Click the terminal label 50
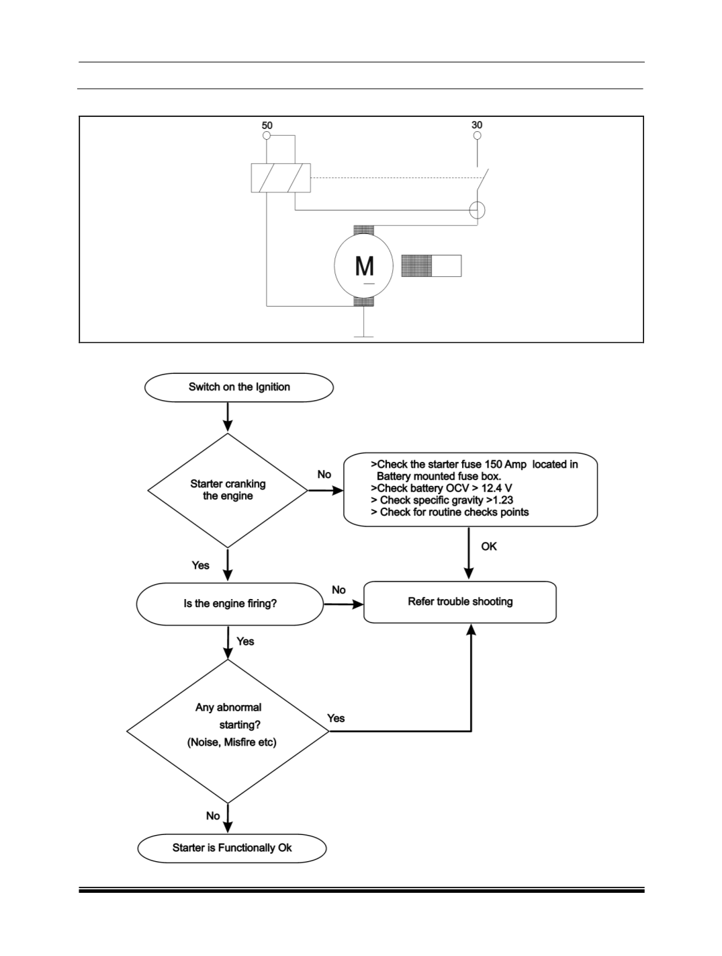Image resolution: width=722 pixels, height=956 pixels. pyautogui.click(x=267, y=126)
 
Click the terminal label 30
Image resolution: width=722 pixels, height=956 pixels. pyautogui.click(x=477, y=125)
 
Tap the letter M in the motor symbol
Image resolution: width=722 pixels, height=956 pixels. pyautogui.click(x=364, y=266)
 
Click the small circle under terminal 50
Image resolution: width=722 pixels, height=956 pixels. pyautogui.click(x=267, y=135)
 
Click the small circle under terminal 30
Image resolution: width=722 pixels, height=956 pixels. pyautogui.click(x=477, y=135)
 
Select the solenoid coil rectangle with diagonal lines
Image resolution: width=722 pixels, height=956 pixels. pyautogui.click(x=281, y=177)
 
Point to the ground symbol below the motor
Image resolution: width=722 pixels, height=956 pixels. pyautogui.click(x=363, y=336)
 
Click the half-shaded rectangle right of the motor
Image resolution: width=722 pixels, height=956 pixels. pyautogui.click(x=431, y=266)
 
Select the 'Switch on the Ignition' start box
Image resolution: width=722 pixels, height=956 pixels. pyautogui.click(x=239, y=387)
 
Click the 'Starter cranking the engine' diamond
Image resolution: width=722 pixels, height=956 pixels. pyautogui.click(x=228, y=490)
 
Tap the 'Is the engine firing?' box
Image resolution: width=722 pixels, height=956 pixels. pyautogui.click(x=230, y=604)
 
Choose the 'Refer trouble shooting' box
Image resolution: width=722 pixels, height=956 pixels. pyautogui.click(x=460, y=602)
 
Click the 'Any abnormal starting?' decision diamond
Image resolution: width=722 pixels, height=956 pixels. pyautogui.click(x=228, y=731)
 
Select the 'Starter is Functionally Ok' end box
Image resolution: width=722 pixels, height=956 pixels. pyautogui.click(x=232, y=848)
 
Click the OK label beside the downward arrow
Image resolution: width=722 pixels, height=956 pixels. pyautogui.click(x=489, y=547)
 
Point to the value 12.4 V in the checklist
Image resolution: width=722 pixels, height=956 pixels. pyautogui.click(x=497, y=488)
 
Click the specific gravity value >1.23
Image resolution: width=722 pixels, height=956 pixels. pyautogui.click(x=499, y=500)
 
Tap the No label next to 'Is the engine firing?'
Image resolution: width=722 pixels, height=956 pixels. pyautogui.click(x=339, y=590)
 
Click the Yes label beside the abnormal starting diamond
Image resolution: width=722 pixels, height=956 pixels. pyautogui.click(x=336, y=718)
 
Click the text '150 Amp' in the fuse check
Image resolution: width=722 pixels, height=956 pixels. pyautogui.click(x=505, y=465)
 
